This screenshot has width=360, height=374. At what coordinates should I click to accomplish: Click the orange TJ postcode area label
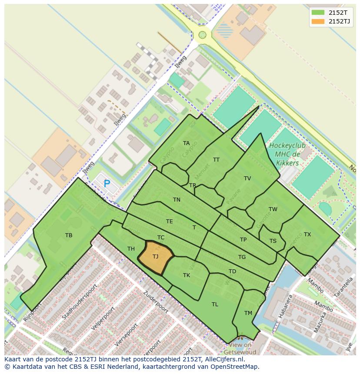[156, 257]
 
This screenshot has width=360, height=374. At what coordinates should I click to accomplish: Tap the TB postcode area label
[69, 235]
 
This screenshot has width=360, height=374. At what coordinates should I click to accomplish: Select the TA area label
[187, 143]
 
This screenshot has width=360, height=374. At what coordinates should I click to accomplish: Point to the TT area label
[216, 160]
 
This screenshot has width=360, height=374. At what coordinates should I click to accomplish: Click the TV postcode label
[247, 179]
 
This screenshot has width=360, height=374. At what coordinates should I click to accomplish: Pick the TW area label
[273, 209]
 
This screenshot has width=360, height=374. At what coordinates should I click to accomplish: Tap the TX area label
[307, 235]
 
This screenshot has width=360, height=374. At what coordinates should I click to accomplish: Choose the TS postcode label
[273, 241]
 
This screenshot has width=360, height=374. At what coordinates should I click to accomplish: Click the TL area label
[215, 304]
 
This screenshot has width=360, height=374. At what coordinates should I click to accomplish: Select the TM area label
[248, 313]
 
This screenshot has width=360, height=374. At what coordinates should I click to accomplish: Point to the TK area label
[187, 275]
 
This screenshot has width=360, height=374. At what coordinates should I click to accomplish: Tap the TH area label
[131, 249]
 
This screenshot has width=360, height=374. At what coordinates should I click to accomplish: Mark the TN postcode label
[177, 200]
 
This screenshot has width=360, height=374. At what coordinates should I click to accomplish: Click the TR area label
[193, 185]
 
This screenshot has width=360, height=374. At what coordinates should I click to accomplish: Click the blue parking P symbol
[107, 184]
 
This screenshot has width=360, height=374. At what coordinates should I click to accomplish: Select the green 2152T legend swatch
[318, 13]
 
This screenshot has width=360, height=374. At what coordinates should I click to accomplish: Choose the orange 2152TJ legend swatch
[318, 21]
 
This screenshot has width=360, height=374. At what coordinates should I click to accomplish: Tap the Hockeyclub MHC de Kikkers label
[287, 154]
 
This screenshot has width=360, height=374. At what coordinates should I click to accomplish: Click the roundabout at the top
[202, 35]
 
